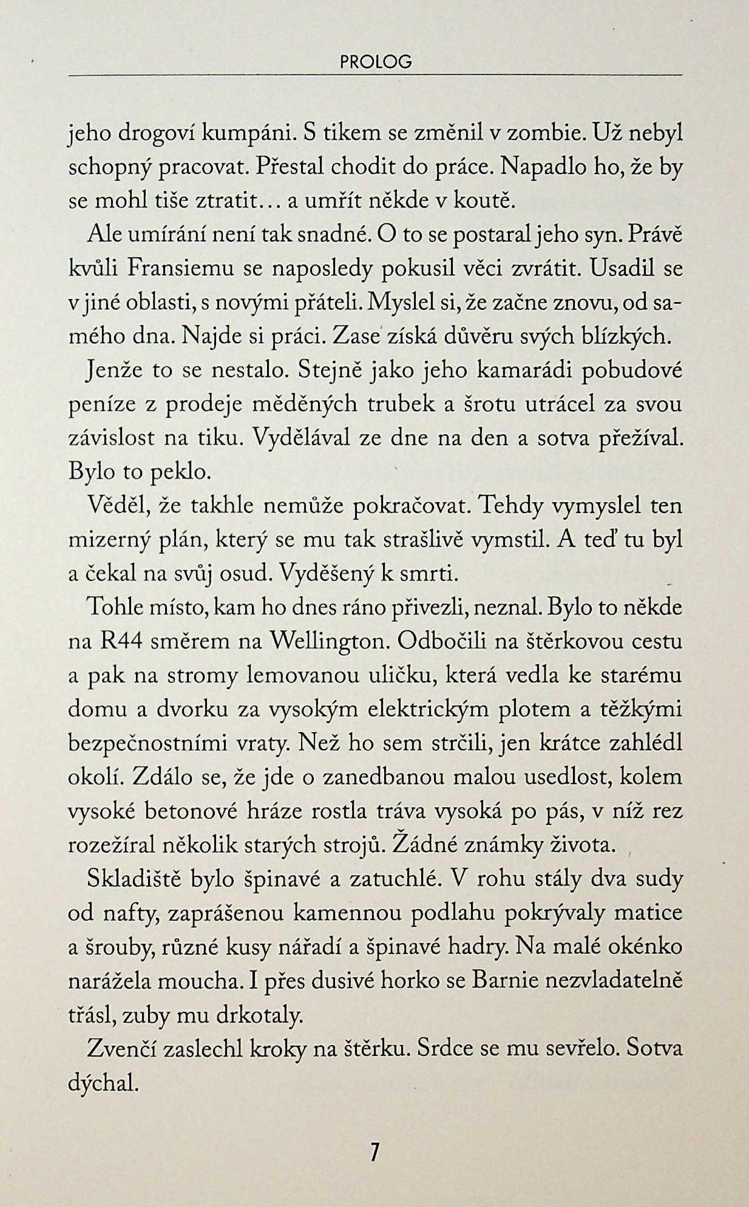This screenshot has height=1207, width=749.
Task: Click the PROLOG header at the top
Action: pyautogui.click(x=376, y=62)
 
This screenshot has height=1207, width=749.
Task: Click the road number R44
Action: pyautogui.click(x=120, y=642)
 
